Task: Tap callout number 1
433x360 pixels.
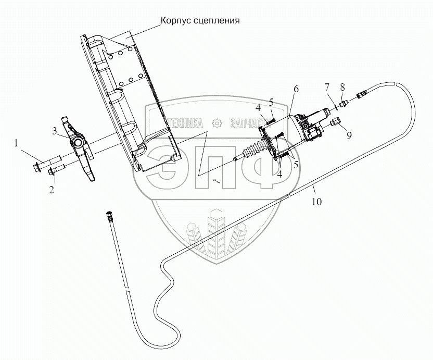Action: click(x=16, y=143)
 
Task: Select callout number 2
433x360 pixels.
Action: click(x=52, y=190)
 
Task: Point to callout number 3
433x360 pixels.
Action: click(x=55, y=131)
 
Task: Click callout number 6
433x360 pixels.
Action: click(x=296, y=89)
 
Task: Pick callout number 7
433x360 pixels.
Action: click(x=327, y=88)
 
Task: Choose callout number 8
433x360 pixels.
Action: click(x=342, y=88)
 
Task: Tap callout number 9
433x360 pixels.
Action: click(x=349, y=135)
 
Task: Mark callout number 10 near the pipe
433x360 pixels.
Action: click(x=317, y=202)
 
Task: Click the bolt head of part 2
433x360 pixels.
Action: click(x=52, y=172)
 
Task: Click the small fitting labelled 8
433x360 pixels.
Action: click(x=343, y=104)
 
